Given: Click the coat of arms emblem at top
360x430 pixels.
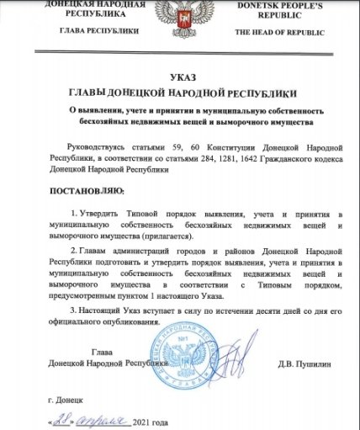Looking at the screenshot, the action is coord(179,18).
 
